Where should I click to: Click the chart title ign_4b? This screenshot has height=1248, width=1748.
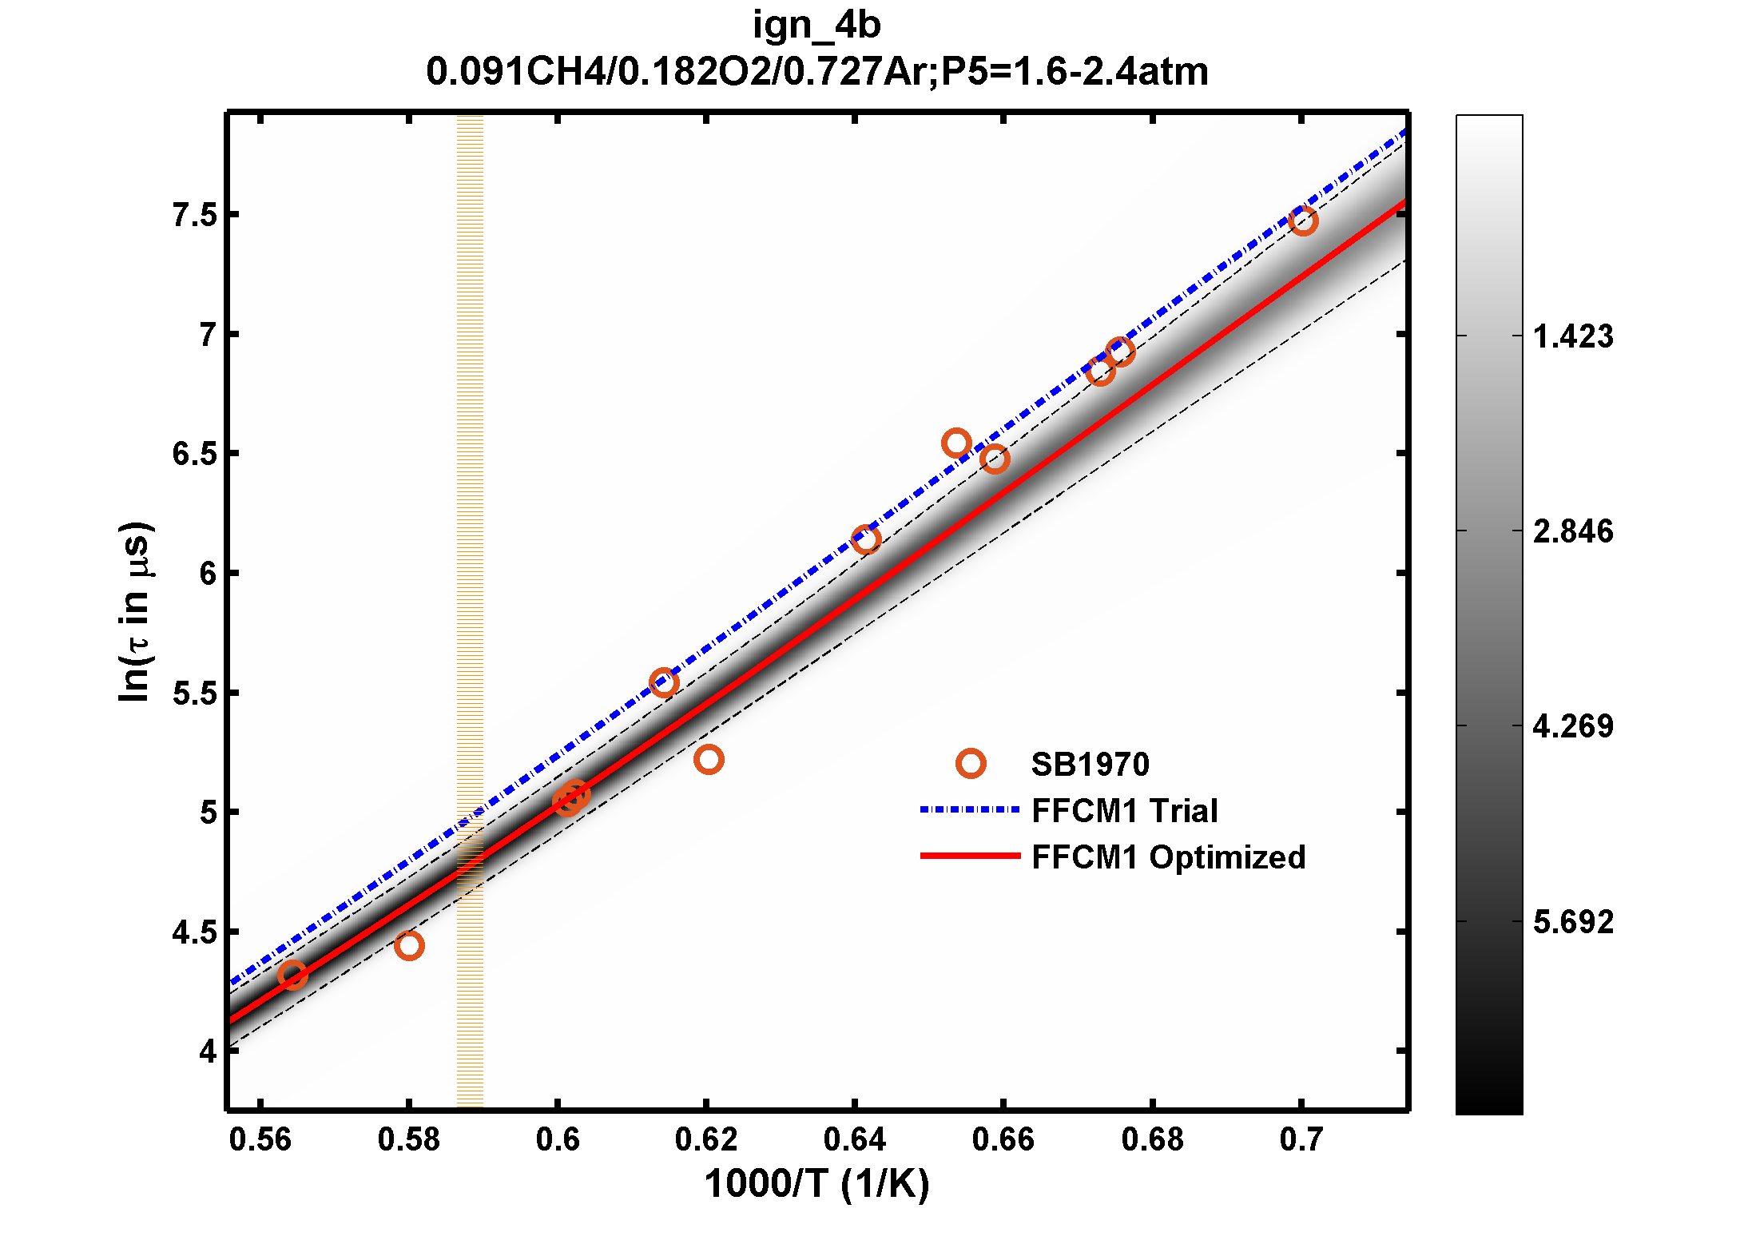point(816,26)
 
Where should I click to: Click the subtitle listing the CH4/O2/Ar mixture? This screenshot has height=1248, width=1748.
point(816,72)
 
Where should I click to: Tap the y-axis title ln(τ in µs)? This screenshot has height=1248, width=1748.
point(134,612)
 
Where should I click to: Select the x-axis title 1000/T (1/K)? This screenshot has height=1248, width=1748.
point(816,1183)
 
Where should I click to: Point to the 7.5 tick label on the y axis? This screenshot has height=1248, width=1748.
point(195,216)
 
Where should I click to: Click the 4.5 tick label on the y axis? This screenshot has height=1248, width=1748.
point(195,932)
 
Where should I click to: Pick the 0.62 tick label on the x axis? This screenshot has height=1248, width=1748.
point(706,1139)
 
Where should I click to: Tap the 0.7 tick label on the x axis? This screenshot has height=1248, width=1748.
point(1301,1139)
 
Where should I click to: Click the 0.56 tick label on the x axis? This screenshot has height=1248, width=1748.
point(260,1139)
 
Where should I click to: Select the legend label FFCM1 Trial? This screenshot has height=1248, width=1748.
point(1124,811)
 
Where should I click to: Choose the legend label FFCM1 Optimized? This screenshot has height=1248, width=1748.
point(1168,857)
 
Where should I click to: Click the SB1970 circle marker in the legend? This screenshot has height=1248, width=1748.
point(971,764)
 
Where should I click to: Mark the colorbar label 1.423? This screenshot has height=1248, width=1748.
point(1572,336)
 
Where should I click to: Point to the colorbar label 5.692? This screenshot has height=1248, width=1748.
point(1572,922)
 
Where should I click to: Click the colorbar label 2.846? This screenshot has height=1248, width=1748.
point(1572,531)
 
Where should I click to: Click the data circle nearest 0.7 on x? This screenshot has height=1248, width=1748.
point(1303,221)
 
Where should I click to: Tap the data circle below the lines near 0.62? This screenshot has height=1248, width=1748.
point(709,759)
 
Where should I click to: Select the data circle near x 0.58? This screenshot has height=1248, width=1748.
point(409,946)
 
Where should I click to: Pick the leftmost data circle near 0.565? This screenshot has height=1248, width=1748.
point(292,975)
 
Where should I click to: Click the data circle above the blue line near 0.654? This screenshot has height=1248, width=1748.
point(956,443)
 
